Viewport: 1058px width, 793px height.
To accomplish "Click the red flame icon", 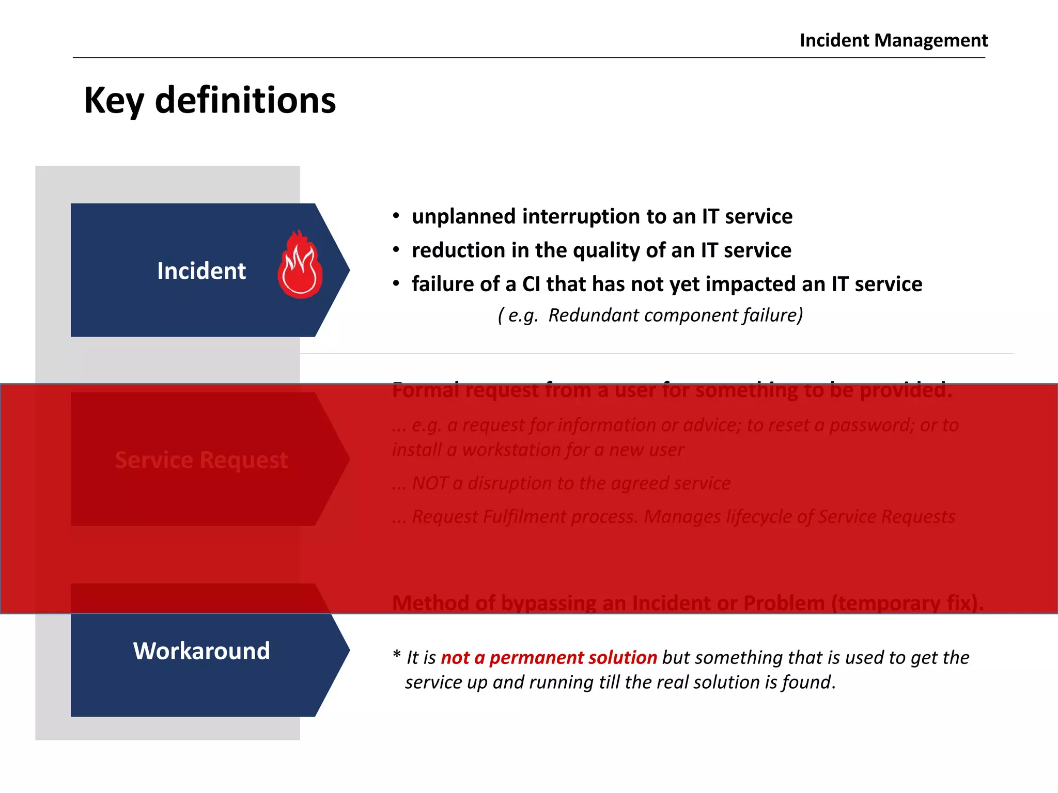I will tap(300, 266).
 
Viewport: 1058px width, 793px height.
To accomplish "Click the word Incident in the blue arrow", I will tap(201, 271).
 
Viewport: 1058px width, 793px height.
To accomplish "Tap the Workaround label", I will tap(201, 651).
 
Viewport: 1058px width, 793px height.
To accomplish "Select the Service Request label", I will tap(201, 460).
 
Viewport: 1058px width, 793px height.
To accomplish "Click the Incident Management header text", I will tap(893, 40).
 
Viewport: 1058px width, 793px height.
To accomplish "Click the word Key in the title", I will tap(114, 101).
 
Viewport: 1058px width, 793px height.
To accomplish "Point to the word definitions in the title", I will tap(245, 100).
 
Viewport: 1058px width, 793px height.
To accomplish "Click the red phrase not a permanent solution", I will tap(549, 658).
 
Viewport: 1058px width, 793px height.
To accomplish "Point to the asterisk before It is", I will tap(396, 655).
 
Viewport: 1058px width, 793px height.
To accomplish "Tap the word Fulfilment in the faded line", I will tap(524, 517).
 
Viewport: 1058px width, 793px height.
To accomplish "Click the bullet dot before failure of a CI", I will tap(396, 284).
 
